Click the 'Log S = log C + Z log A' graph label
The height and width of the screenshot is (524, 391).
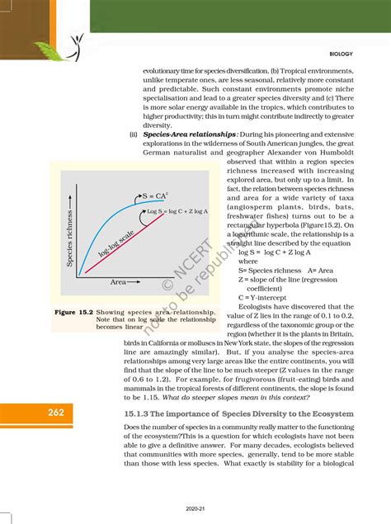click(x=177, y=212)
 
